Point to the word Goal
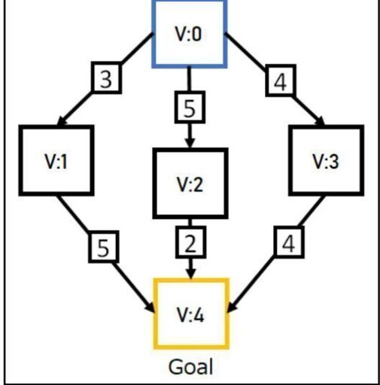point(191,367)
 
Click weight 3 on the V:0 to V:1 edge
point(106,78)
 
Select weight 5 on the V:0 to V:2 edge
point(190,108)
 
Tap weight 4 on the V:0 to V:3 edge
point(281,80)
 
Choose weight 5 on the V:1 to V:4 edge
point(104,247)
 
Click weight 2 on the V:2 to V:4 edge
point(190,242)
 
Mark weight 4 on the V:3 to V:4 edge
point(289,242)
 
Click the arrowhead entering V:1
point(62,121)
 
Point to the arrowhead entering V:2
point(190,142)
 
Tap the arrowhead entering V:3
point(321,121)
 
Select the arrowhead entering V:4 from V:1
point(150,307)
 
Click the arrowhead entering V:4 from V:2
point(191,273)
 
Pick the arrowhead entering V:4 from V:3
point(231,307)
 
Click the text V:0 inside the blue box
point(189,34)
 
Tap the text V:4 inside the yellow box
point(190,315)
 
